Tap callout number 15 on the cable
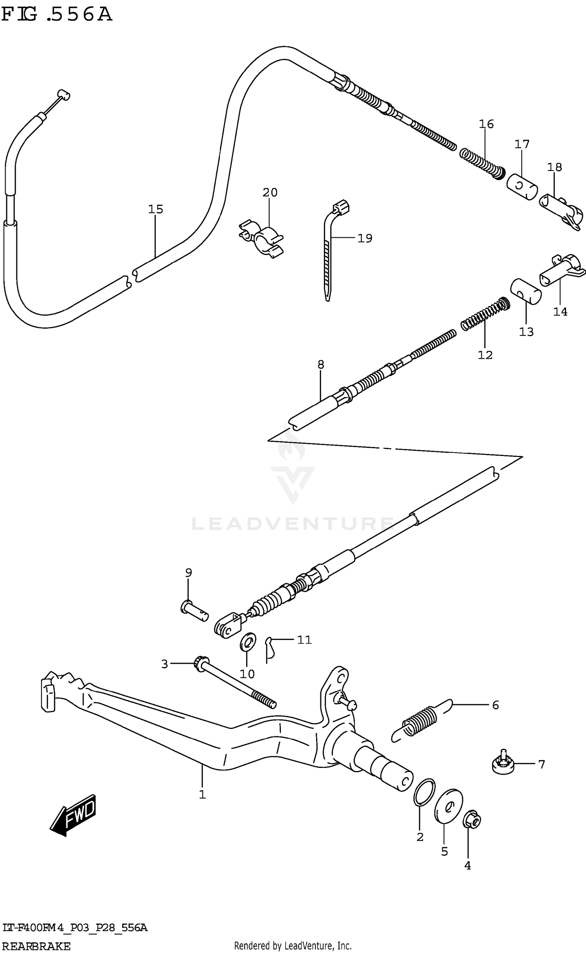(155, 209)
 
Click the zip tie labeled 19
(328, 250)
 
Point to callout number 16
(486, 124)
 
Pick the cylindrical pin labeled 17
(522, 187)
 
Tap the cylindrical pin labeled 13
(526, 291)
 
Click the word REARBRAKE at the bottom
(36, 946)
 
